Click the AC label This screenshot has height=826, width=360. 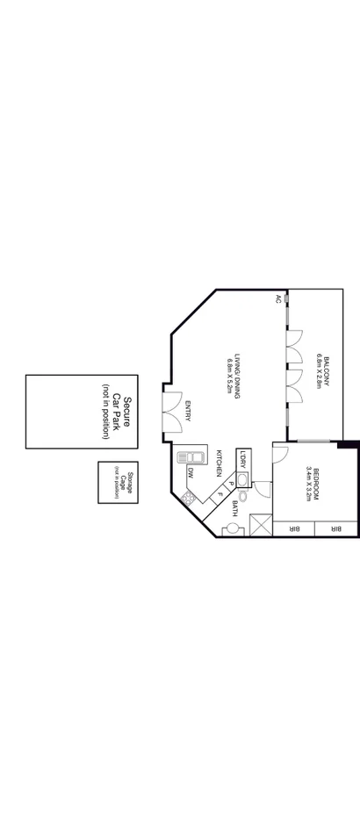coord(278,299)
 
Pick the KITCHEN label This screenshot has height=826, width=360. coord(220,463)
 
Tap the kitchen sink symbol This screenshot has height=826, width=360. coord(188,457)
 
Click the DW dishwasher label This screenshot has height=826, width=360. coord(191,473)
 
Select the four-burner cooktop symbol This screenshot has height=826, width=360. coord(187,498)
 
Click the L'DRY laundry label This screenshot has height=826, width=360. coord(243,460)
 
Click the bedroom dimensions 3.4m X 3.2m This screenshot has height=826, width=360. coord(307,483)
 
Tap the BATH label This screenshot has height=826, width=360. coord(235,508)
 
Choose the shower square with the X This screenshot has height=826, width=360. coord(260,525)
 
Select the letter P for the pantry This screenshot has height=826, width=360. coord(231,484)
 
